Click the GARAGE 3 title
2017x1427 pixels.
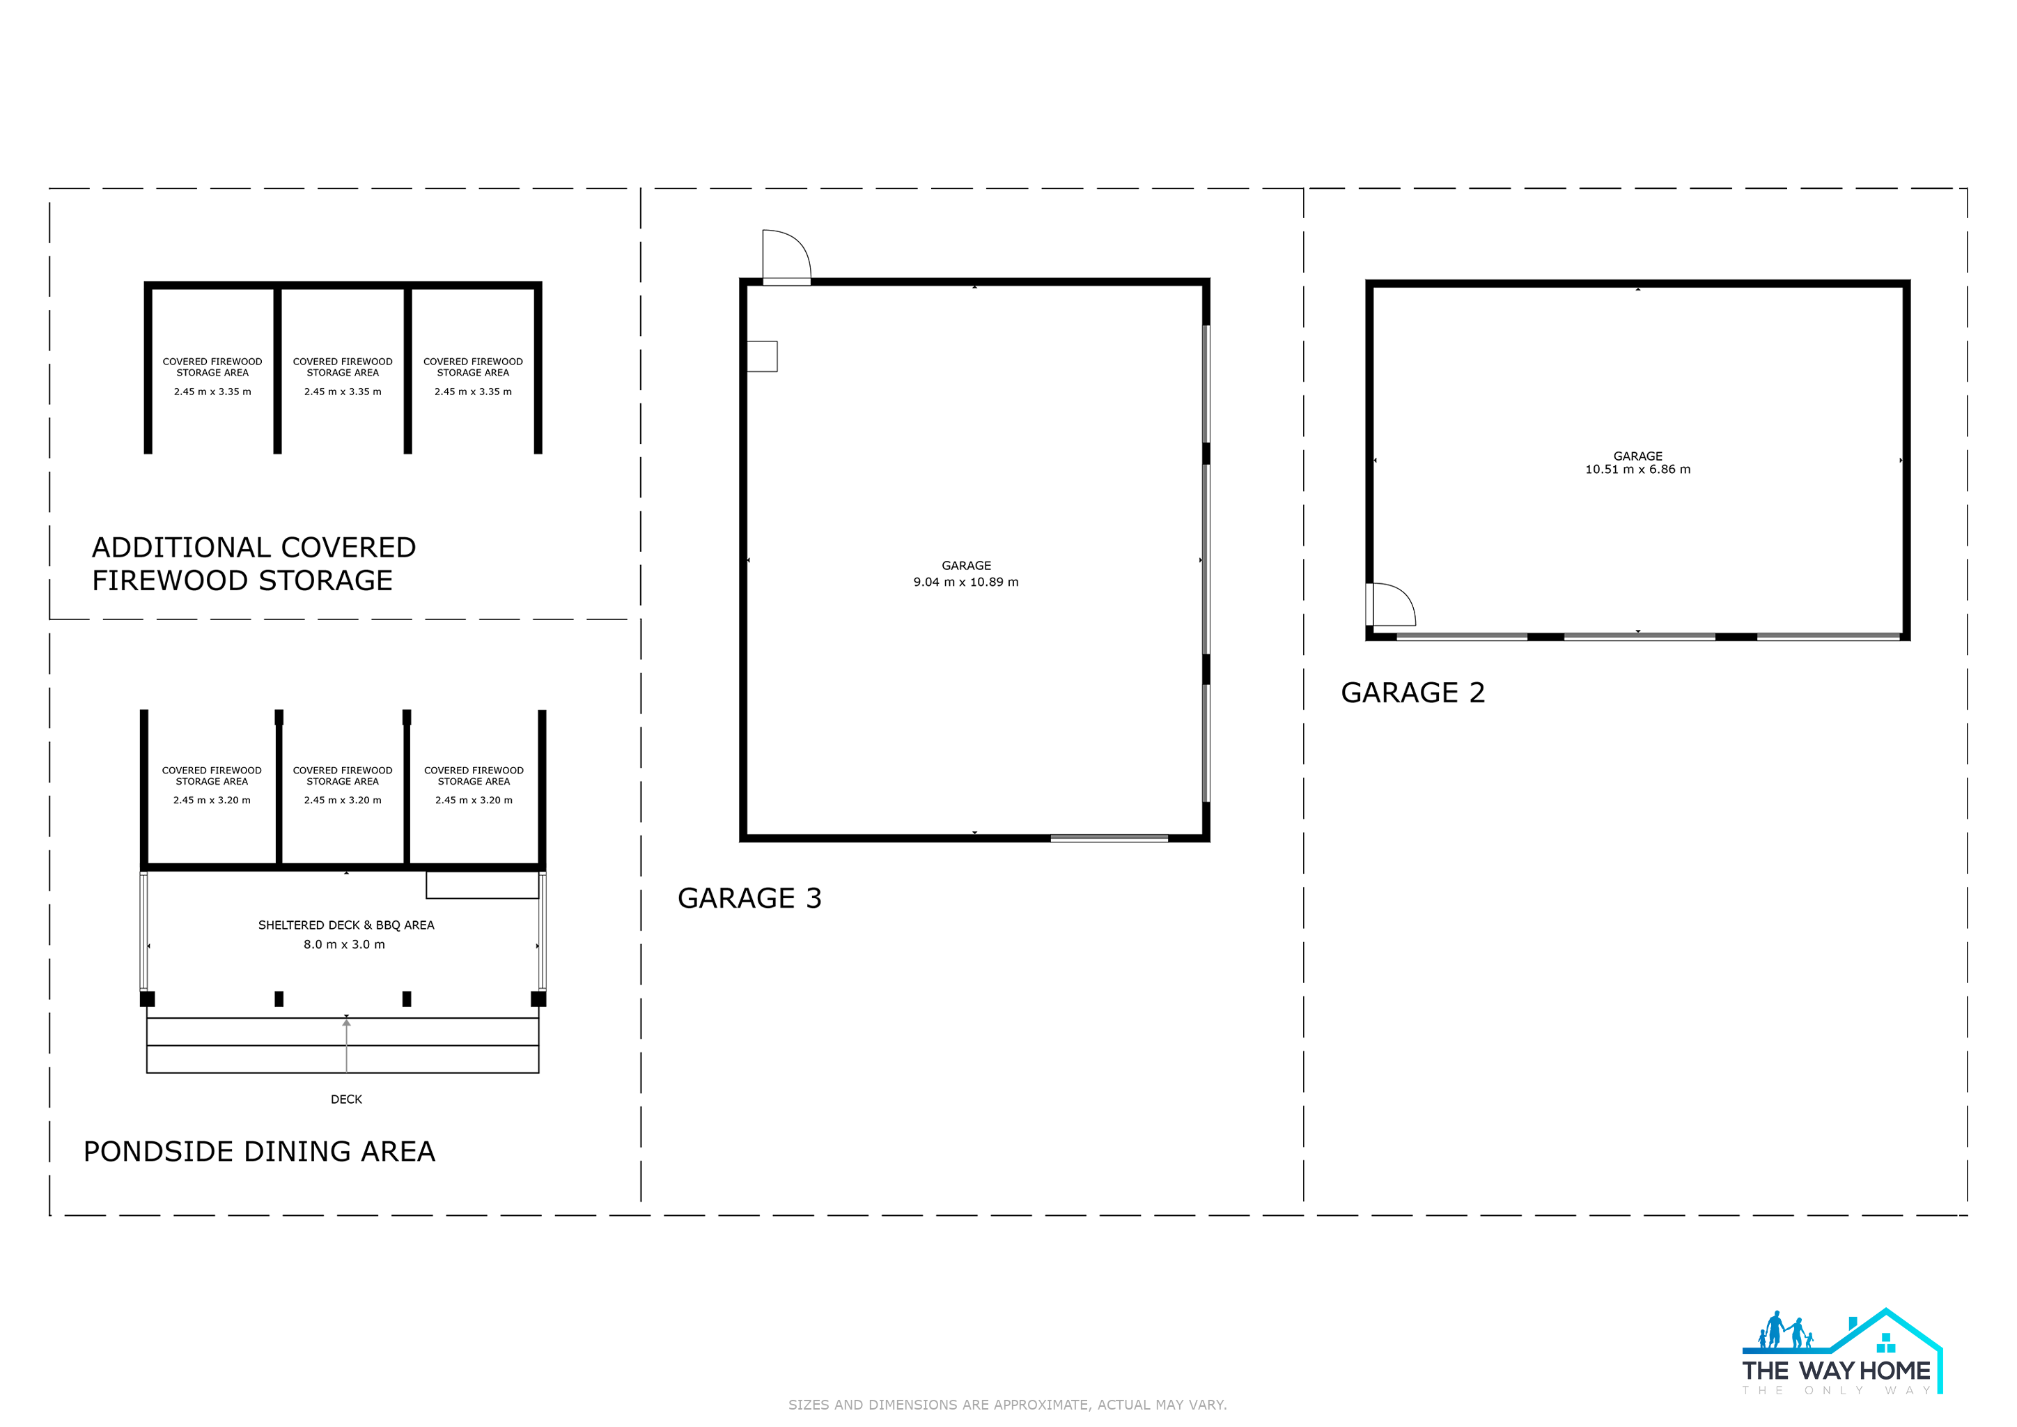[749, 898]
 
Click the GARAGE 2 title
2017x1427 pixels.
[1412, 693]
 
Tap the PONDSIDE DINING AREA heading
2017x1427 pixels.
[259, 1151]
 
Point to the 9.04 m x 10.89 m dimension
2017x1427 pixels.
[966, 582]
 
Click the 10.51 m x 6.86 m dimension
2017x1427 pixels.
[1637, 469]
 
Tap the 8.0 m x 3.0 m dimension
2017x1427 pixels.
[344, 945]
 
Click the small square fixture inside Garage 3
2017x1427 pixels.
[762, 356]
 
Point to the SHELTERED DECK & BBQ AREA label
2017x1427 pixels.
[346, 925]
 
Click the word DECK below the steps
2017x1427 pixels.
[346, 1100]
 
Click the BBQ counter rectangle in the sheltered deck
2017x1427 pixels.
[482, 885]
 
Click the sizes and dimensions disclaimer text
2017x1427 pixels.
[1008, 1405]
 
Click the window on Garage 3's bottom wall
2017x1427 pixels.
[1109, 838]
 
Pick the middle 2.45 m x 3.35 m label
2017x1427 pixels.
[343, 392]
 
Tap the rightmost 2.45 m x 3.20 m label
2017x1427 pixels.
[474, 801]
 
